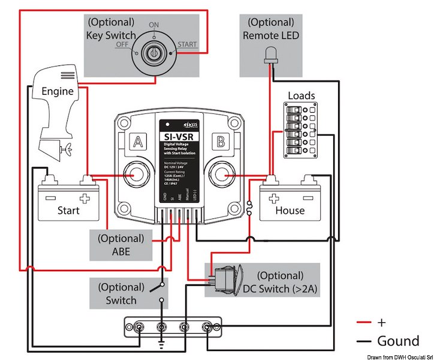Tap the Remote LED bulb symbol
pyautogui.click(x=269, y=58)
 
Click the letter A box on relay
pyautogui.click(x=137, y=142)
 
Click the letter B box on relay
pyautogui.click(x=221, y=142)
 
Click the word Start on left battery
pyautogui.click(x=68, y=211)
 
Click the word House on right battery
pyautogui.click(x=290, y=211)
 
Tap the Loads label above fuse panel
pyautogui.click(x=301, y=95)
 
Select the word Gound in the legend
pyautogui.click(x=398, y=341)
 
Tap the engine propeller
pyautogui.click(x=68, y=147)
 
